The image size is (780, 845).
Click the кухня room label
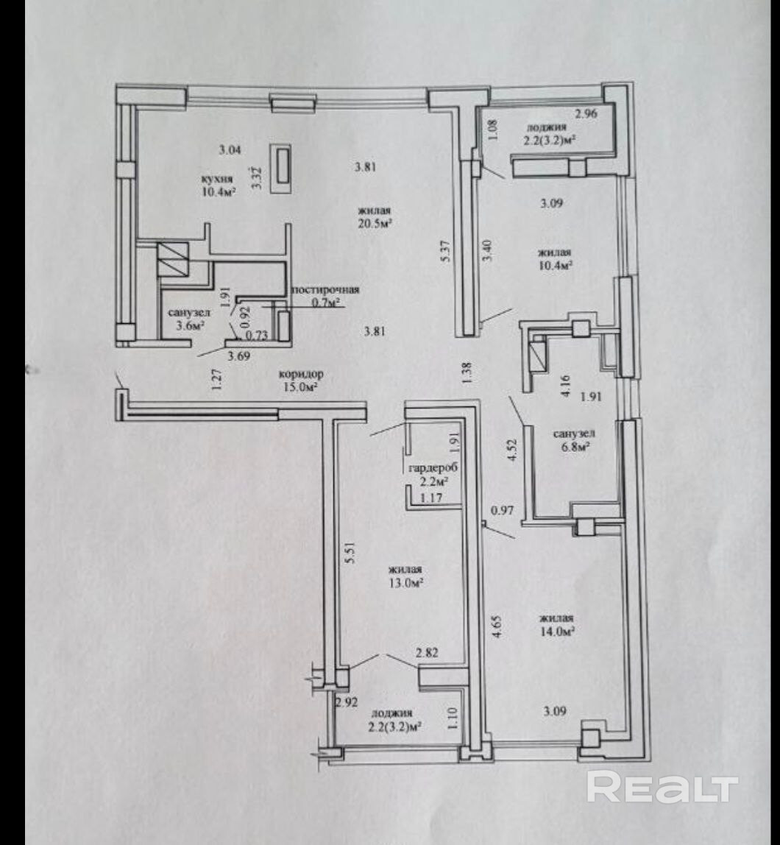click(217, 178)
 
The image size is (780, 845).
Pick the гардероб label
click(426, 468)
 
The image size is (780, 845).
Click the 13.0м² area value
click(404, 584)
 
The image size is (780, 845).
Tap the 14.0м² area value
click(556, 631)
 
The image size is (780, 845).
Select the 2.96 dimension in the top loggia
click(586, 113)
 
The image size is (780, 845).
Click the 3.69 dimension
click(237, 357)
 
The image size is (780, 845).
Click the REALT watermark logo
click(662, 788)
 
